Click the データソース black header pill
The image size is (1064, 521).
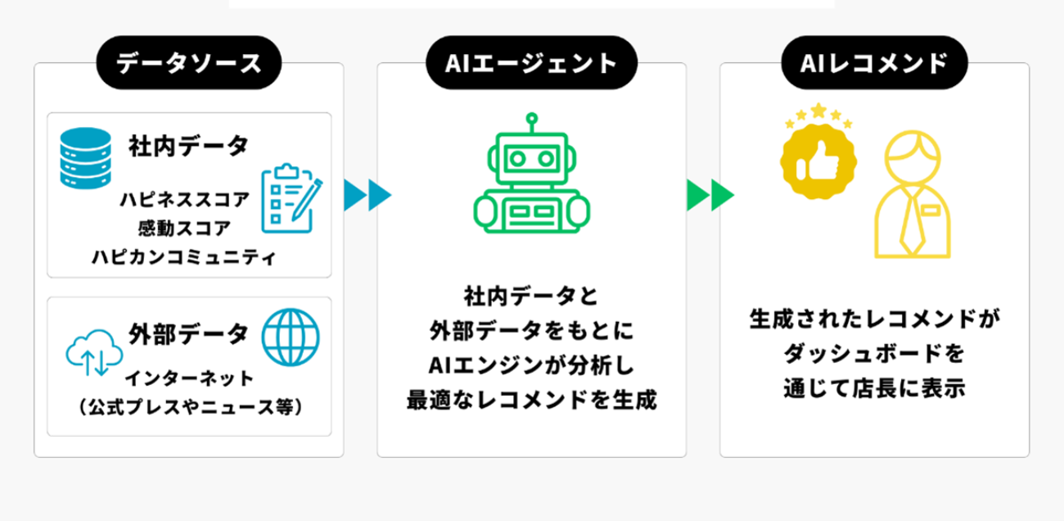[x=188, y=63]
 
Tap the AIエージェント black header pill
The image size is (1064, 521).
[x=531, y=63]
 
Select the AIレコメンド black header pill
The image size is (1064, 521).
[x=875, y=63]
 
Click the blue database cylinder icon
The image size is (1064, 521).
[x=84, y=156]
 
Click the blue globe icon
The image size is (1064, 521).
[x=291, y=337]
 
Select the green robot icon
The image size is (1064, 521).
[x=531, y=181]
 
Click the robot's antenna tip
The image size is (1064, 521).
[x=531, y=117]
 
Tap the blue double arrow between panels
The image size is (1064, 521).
[x=367, y=195]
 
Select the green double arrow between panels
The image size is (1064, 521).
[x=710, y=195]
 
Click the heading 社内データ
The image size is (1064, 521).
[x=187, y=147]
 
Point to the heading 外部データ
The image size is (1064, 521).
[x=188, y=333]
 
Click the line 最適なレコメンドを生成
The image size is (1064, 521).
[x=531, y=402]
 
